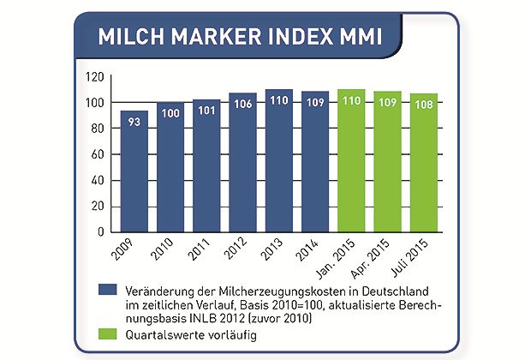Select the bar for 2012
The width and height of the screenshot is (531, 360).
(x=242, y=163)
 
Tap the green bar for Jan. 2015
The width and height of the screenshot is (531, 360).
(x=351, y=163)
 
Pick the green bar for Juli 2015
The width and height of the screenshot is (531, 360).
(x=423, y=163)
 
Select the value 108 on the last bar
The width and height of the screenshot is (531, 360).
(x=423, y=105)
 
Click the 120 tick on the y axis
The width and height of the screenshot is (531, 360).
(x=95, y=78)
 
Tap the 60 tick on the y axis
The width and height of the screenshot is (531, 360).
(x=98, y=155)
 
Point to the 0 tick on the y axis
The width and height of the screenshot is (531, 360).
(x=101, y=232)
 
